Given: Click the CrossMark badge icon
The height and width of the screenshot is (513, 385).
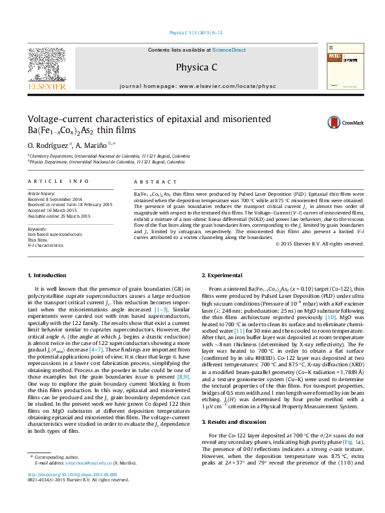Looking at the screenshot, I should (353, 122).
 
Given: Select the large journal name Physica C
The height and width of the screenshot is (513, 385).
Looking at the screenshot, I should (192, 67).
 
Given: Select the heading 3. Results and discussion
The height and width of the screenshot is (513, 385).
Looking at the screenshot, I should (237, 421).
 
